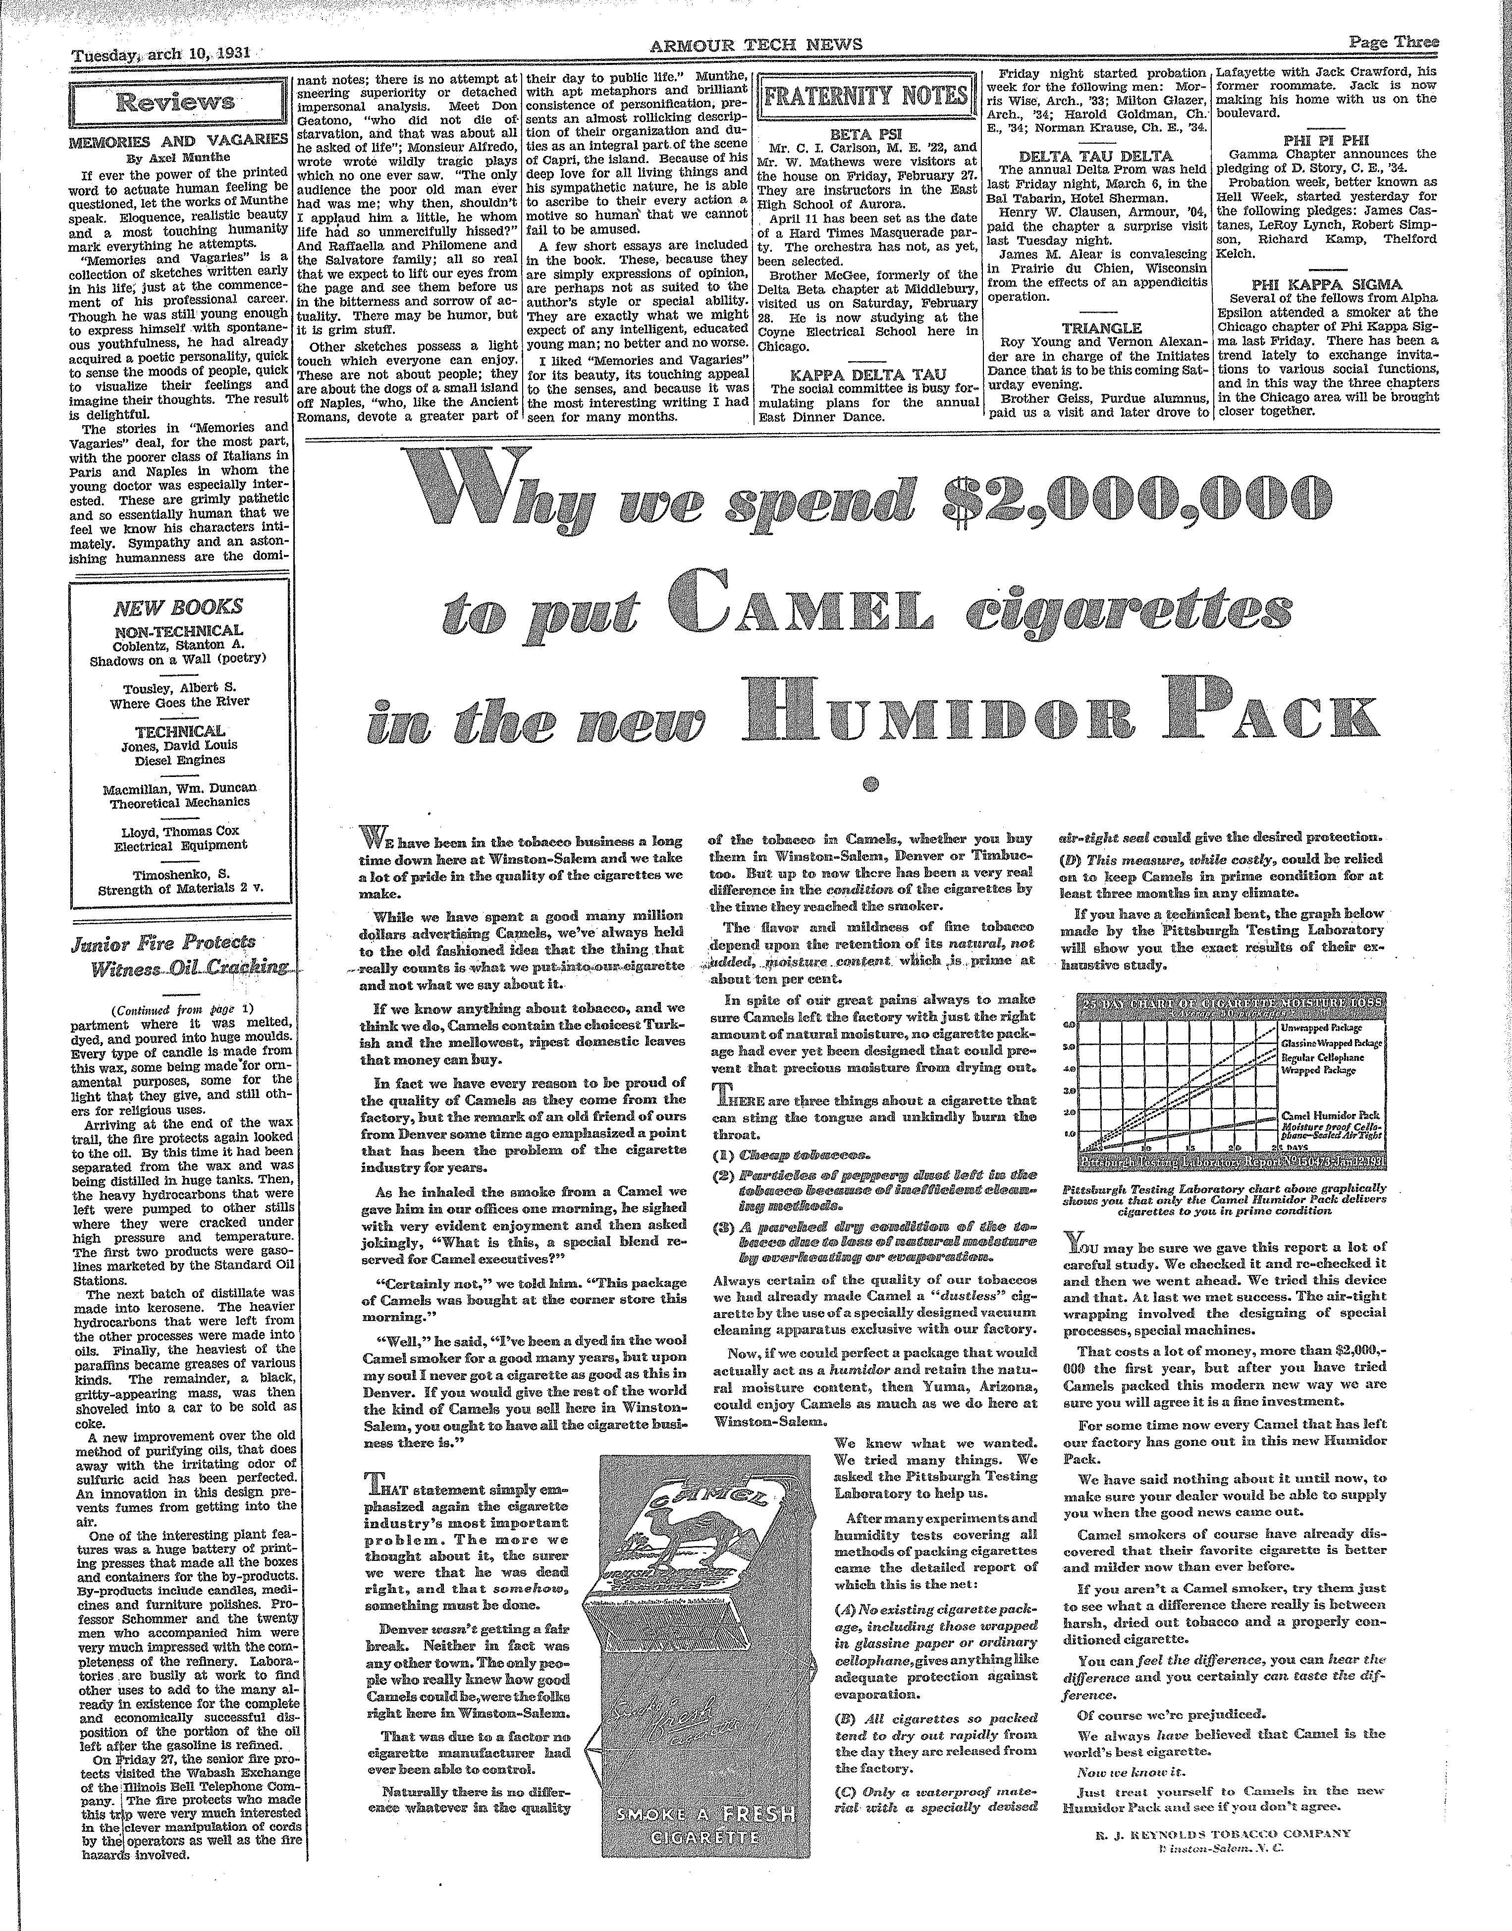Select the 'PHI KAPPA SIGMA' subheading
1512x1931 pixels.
[1327, 284]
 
